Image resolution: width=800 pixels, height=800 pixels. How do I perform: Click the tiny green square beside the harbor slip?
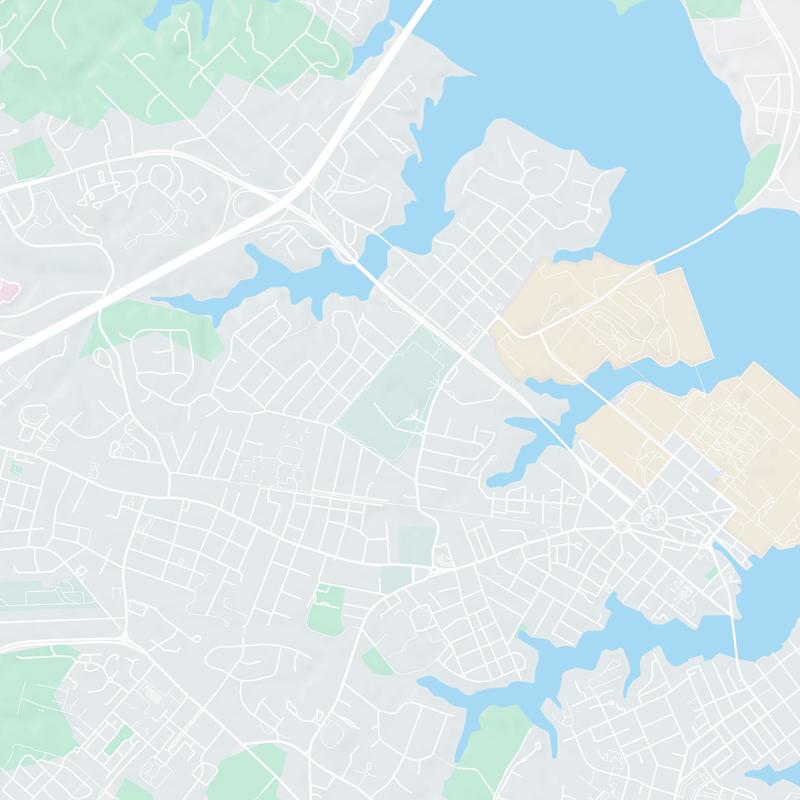click(711, 574)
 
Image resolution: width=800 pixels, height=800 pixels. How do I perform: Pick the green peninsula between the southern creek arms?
click(495, 745)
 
